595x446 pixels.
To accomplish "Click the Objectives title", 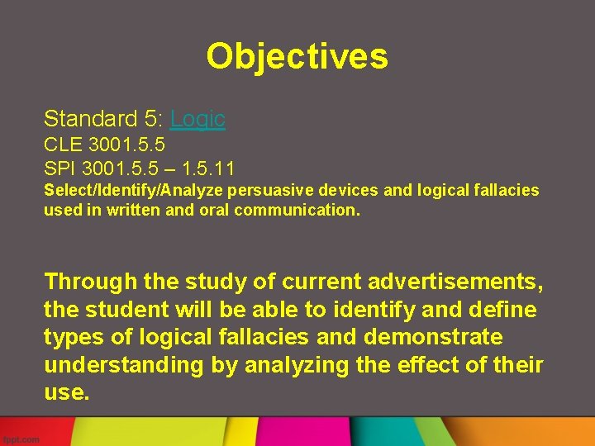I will (297, 56).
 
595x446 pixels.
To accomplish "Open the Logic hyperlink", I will (198, 119).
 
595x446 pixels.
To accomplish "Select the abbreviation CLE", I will (62, 145).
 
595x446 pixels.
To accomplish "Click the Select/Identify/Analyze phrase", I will (136, 191).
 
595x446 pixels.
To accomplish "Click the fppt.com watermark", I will (21, 439).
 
